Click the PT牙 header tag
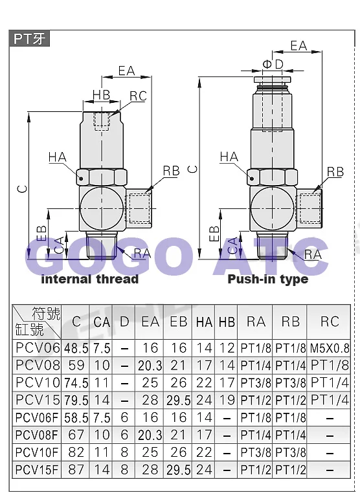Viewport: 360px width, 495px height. pyautogui.click(x=29, y=39)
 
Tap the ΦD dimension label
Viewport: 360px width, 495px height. pyautogui.click(x=273, y=64)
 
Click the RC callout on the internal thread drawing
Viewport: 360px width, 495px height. pyautogui.click(x=139, y=96)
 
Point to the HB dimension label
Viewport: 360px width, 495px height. pyautogui.click(x=102, y=94)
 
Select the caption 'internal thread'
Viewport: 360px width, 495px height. pyautogui.click(x=90, y=279)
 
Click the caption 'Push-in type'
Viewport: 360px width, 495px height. pyautogui.click(x=268, y=279)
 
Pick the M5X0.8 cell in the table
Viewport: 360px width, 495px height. pyautogui.click(x=330, y=348)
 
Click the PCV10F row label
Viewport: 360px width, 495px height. pyautogui.click(x=37, y=452)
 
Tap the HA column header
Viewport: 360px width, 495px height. pyautogui.click(x=204, y=322)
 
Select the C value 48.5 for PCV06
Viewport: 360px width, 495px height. pyautogui.click(x=76, y=348)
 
